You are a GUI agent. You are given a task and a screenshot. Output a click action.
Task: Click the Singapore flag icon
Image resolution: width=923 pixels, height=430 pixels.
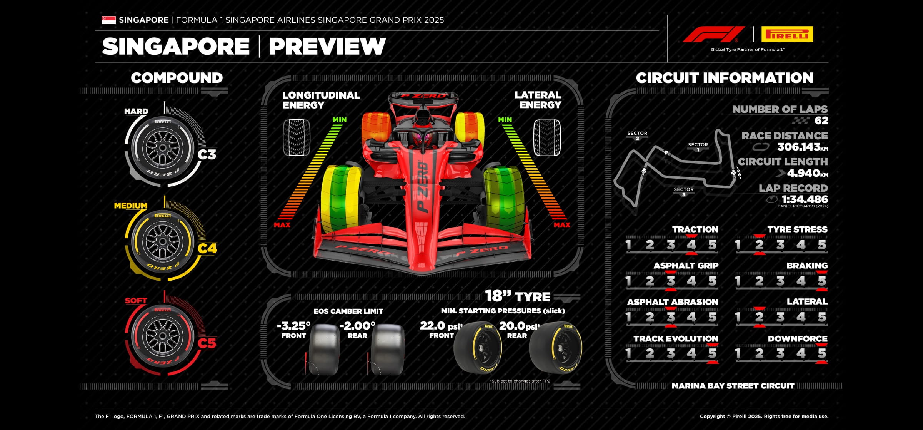click(x=108, y=20)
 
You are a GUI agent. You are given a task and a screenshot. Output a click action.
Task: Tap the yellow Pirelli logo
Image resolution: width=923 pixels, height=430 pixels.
click(x=787, y=34)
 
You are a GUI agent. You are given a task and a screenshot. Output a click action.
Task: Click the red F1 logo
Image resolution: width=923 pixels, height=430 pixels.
click(x=713, y=34)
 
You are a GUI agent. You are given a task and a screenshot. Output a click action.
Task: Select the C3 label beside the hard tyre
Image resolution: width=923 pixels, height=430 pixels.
click(x=207, y=154)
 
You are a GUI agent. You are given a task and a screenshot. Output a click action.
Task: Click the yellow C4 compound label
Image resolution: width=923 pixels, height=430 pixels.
click(x=207, y=249)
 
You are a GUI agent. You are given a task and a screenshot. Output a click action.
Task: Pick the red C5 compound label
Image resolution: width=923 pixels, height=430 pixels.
click(x=207, y=343)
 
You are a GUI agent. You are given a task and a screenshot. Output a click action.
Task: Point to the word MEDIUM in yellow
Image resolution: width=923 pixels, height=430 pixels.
click(x=131, y=206)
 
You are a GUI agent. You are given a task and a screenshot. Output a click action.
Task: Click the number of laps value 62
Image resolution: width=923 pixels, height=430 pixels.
click(x=821, y=120)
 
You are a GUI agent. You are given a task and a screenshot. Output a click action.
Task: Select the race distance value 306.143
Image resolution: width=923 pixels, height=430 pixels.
click(x=798, y=147)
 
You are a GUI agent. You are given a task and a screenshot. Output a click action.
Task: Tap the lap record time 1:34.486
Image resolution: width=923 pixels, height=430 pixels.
click(x=805, y=199)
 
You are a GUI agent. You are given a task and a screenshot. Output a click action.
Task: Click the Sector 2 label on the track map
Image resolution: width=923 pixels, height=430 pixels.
click(x=637, y=135)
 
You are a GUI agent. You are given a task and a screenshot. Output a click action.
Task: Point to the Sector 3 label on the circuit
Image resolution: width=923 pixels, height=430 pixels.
click(x=683, y=191)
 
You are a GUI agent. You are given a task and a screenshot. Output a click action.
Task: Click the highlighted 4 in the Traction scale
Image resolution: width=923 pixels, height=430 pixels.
click(x=691, y=245)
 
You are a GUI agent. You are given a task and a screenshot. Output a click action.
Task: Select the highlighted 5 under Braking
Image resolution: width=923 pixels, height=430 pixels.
click(x=821, y=281)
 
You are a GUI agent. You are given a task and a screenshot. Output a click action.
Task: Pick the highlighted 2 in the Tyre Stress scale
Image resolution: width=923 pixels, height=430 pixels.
click(x=759, y=245)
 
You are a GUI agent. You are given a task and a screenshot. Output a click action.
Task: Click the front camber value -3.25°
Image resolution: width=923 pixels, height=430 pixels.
click(x=293, y=326)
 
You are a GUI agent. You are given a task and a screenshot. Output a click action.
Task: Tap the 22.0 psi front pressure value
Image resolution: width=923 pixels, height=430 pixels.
click(x=433, y=326)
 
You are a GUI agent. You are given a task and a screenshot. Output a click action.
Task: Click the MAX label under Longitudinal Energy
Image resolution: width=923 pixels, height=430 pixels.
click(x=282, y=225)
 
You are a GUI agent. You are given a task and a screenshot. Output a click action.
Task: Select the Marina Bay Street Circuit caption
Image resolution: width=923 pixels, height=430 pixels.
click(x=733, y=386)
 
